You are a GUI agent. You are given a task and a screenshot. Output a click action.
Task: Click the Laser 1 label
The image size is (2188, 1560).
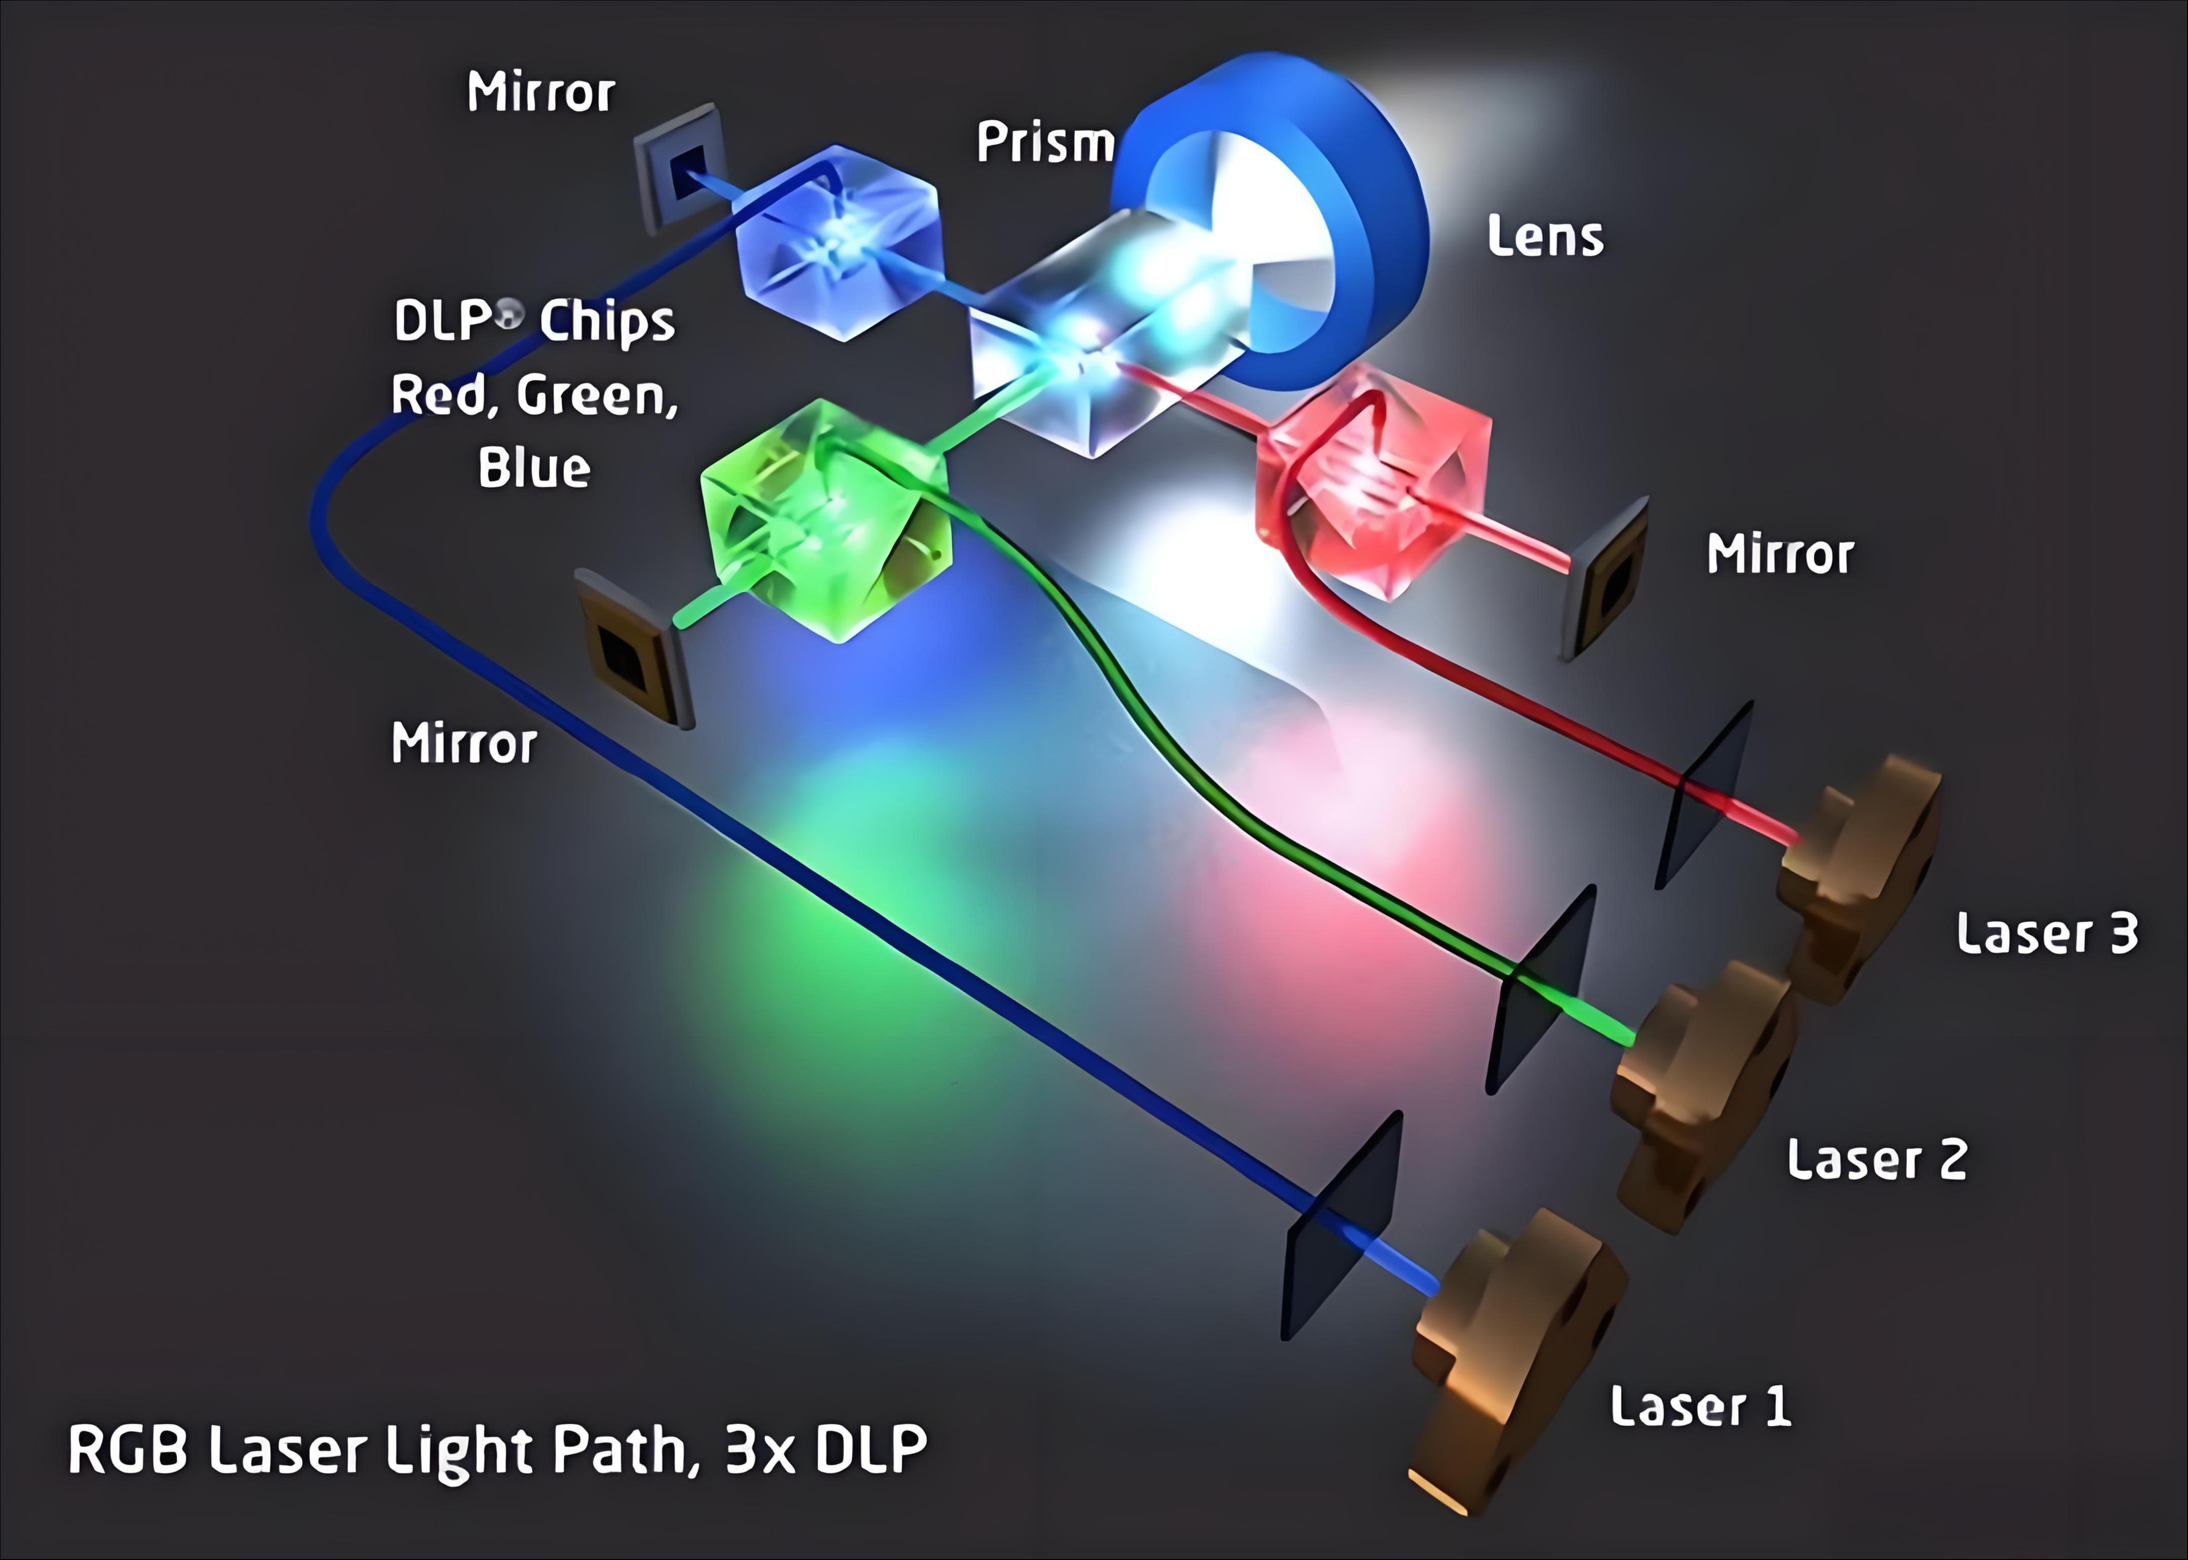click(x=1700, y=1407)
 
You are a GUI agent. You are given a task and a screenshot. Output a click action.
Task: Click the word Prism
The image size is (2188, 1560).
click(x=1045, y=143)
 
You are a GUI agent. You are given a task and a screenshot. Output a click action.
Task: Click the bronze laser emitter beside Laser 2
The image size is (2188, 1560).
click(x=1700, y=1085)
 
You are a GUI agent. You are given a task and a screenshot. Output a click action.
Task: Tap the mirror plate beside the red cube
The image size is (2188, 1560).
click(x=1609, y=576)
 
